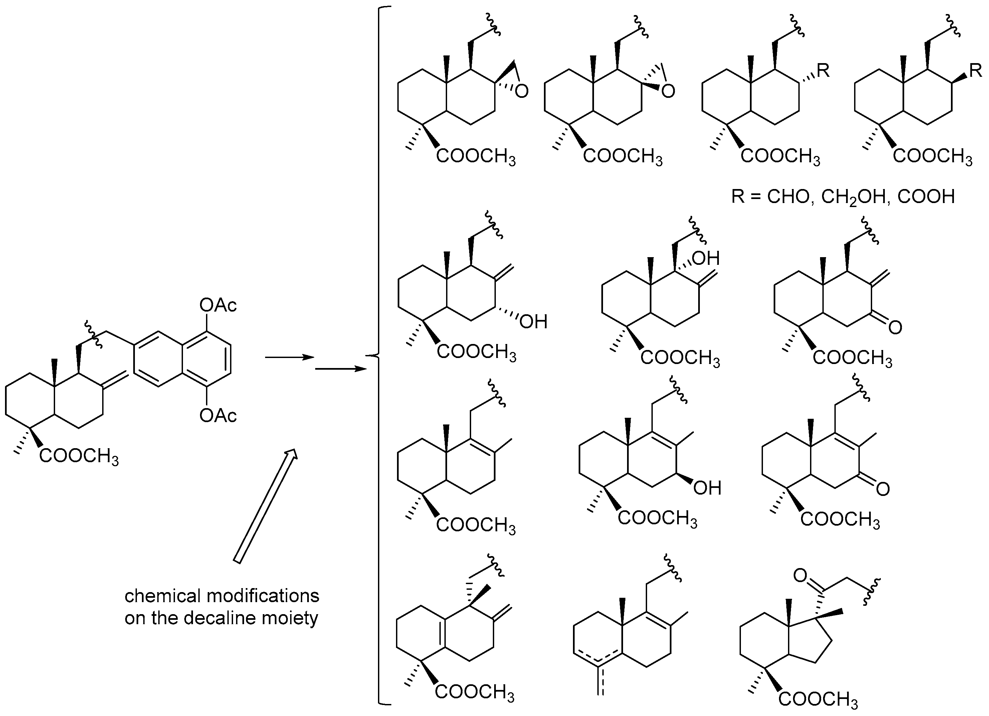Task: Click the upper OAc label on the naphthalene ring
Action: click(x=218, y=305)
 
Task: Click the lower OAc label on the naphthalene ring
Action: click(x=218, y=415)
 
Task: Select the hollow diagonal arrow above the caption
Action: click(x=265, y=506)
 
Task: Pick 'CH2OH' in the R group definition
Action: click(x=854, y=197)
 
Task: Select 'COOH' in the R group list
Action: click(x=926, y=197)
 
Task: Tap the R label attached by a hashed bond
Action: click(x=823, y=71)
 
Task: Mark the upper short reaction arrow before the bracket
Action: click(x=289, y=358)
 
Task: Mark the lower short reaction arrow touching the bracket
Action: click(x=340, y=369)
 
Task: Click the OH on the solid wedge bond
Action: click(x=707, y=488)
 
